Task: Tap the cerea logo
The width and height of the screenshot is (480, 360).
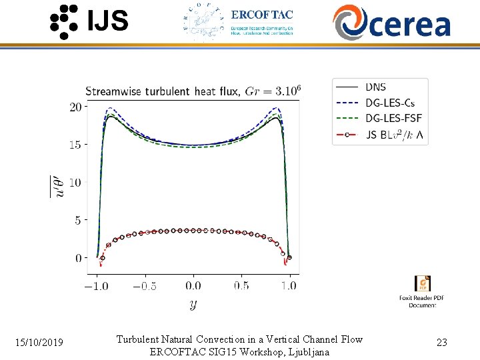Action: coord(392,22)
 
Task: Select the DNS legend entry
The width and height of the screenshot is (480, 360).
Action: coord(375,87)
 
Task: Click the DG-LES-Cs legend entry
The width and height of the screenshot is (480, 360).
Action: coord(389,103)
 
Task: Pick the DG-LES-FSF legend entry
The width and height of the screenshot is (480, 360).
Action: coord(393,119)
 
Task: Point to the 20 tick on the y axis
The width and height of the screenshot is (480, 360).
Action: coord(75,107)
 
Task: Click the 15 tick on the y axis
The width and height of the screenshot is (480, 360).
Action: coord(75,145)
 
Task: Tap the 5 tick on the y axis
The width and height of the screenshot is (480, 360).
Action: coord(78,220)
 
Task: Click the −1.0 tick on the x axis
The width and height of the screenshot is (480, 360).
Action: coord(97,285)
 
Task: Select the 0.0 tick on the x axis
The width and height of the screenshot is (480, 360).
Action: coord(193,285)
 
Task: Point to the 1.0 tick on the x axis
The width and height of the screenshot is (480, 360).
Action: coord(289,285)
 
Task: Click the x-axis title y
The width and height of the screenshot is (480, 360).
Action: coord(193,305)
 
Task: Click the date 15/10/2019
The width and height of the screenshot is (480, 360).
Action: coord(39,343)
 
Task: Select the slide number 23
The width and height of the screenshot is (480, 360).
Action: coord(441,343)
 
